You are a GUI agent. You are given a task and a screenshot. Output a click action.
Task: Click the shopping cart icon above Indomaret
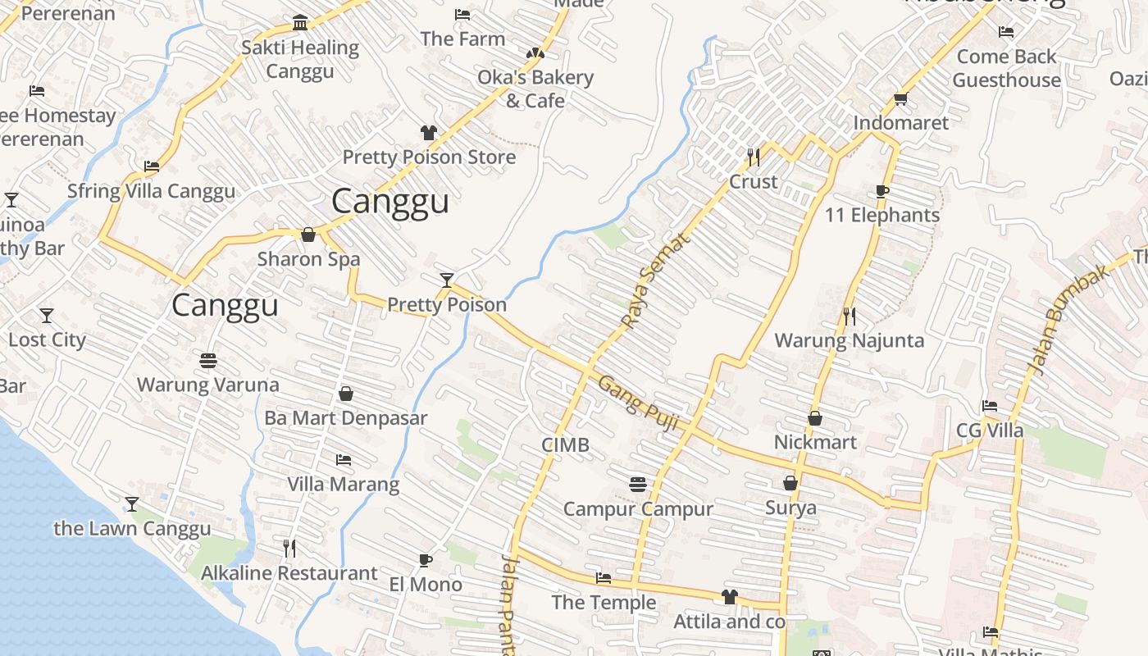tap(900, 99)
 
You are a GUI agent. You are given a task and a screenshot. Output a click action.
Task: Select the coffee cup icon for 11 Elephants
tap(882, 192)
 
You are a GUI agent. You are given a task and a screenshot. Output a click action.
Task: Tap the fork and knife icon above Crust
tap(754, 157)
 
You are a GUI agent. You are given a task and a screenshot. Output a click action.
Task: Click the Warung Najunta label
tap(849, 340)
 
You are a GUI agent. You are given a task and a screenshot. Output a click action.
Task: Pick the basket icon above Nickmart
tap(815, 418)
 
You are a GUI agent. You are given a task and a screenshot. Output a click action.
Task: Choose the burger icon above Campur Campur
tap(638, 485)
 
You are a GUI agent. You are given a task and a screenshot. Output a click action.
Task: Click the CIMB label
tap(565, 445)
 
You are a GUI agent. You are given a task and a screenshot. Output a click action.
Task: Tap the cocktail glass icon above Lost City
tap(47, 316)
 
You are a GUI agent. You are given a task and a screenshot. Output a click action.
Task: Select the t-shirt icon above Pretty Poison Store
tap(428, 133)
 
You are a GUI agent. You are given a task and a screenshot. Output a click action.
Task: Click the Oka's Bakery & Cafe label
tap(535, 89)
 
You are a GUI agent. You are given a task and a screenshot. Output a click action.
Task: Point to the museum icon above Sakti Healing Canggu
tap(300, 23)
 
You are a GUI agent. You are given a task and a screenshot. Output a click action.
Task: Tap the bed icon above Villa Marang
tap(344, 460)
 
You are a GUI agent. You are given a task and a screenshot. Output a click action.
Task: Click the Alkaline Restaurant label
tap(289, 573)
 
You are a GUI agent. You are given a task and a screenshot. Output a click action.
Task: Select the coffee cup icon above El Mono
tap(425, 561)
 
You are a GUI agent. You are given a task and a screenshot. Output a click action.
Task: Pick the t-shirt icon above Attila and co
tap(729, 597)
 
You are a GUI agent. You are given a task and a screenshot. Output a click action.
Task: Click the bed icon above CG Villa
tap(990, 406)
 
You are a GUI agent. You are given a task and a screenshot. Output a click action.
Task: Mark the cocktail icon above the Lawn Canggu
tap(132, 503)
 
